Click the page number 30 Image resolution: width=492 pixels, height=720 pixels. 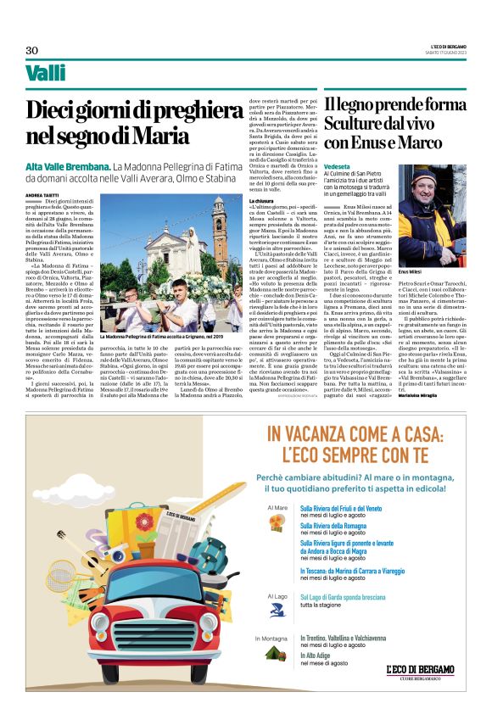click(31, 50)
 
